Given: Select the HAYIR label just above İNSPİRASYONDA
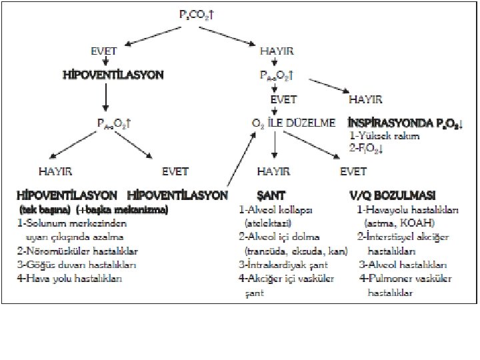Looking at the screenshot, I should coord(365,100).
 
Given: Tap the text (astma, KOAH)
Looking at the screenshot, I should coord(398,223).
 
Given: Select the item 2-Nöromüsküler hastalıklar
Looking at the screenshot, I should coord(77,251).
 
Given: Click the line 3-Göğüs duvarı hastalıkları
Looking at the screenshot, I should coord(77,265).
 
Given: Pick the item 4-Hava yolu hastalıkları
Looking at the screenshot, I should coord(70,279).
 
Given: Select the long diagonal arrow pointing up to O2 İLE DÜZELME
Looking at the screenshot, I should coord(241,160).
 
